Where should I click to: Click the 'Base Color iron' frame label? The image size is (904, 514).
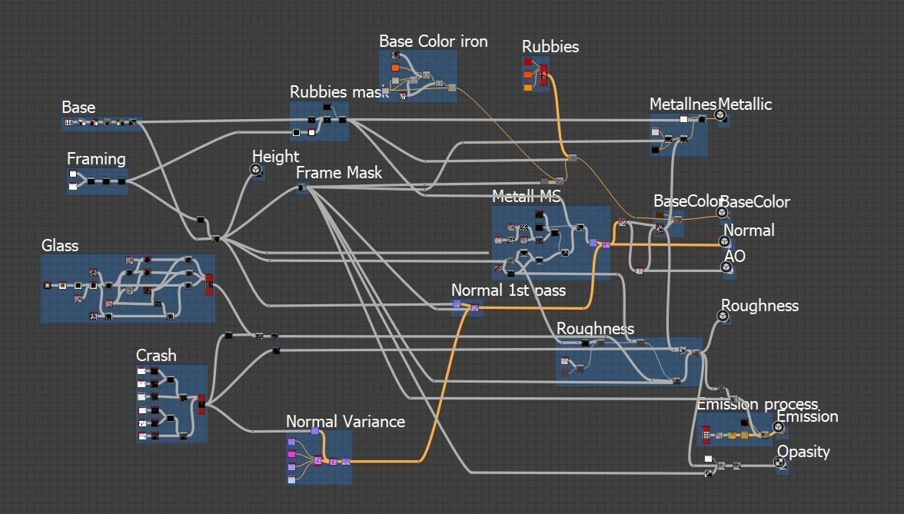(x=434, y=41)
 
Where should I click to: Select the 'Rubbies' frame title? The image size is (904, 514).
(x=550, y=47)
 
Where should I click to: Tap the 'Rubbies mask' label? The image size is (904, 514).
(x=338, y=92)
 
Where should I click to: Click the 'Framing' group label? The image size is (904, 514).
(x=96, y=159)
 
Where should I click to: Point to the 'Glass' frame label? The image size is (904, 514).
(x=60, y=246)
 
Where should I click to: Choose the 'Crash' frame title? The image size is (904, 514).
(x=156, y=356)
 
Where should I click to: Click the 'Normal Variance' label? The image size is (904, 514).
(x=345, y=422)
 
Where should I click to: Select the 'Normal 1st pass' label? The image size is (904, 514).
(x=508, y=290)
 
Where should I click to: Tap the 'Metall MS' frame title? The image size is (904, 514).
(x=527, y=197)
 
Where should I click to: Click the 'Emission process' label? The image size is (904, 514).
(x=757, y=404)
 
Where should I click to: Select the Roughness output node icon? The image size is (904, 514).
(x=723, y=315)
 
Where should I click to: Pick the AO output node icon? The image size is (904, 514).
(x=726, y=267)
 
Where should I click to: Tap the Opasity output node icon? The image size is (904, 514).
(x=779, y=463)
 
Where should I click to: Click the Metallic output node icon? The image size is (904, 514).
(x=720, y=116)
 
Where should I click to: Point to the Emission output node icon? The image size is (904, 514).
(x=779, y=427)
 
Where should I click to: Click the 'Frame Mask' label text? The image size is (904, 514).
(x=339, y=173)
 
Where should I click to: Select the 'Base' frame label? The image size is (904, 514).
(x=78, y=108)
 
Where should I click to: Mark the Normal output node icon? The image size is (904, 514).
(x=726, y=241)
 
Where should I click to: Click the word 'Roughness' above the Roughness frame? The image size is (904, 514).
(x=595, y=329)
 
